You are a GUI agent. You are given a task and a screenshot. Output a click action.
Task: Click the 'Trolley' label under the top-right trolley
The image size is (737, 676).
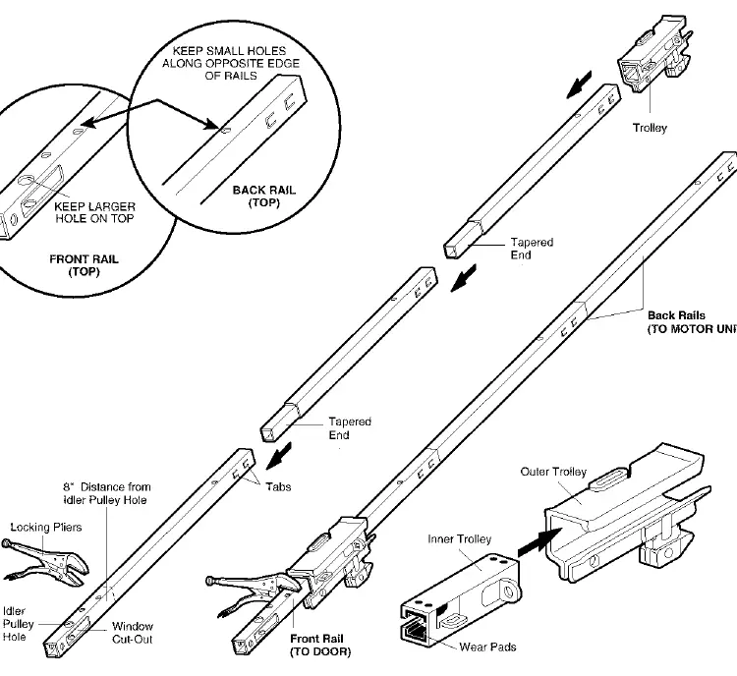[x=650, y=128]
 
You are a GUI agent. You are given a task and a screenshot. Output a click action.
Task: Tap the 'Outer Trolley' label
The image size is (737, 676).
[x=553, y=472]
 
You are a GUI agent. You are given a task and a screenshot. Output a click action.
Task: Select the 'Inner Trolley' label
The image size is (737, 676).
[x=459, y=538]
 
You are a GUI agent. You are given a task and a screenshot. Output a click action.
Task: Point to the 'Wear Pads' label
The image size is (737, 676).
[x=487, y=647]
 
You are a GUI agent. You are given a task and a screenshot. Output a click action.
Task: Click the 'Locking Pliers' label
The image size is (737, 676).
[x=46, y=527]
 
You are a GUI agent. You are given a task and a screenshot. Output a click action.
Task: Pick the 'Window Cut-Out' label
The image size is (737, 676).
[x=133, y=633]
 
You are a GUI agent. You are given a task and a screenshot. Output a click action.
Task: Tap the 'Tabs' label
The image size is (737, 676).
[x=278, y=486]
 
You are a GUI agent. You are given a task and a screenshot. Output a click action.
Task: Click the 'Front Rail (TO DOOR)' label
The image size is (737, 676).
[x=320, y=645]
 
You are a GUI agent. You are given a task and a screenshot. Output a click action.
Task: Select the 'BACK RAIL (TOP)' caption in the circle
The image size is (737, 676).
[x=263, y=197]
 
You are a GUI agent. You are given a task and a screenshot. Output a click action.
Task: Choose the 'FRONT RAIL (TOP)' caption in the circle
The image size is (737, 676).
[x=84, y=265]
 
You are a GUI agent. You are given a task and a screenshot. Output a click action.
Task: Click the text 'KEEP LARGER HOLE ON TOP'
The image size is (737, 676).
[x=94, y=212]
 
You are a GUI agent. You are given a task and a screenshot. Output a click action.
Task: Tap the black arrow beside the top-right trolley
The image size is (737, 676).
[x=579, y=85]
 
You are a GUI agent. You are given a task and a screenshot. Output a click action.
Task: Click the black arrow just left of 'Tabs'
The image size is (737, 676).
[x=279, y=456]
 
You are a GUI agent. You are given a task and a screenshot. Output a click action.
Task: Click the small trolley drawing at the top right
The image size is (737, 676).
[x=654, y=53]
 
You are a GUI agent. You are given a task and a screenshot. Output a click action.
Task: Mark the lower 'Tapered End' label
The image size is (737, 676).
[x=350, y=427]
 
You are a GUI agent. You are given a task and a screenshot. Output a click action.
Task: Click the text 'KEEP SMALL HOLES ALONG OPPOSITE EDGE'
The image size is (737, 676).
[x=231, y=57]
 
